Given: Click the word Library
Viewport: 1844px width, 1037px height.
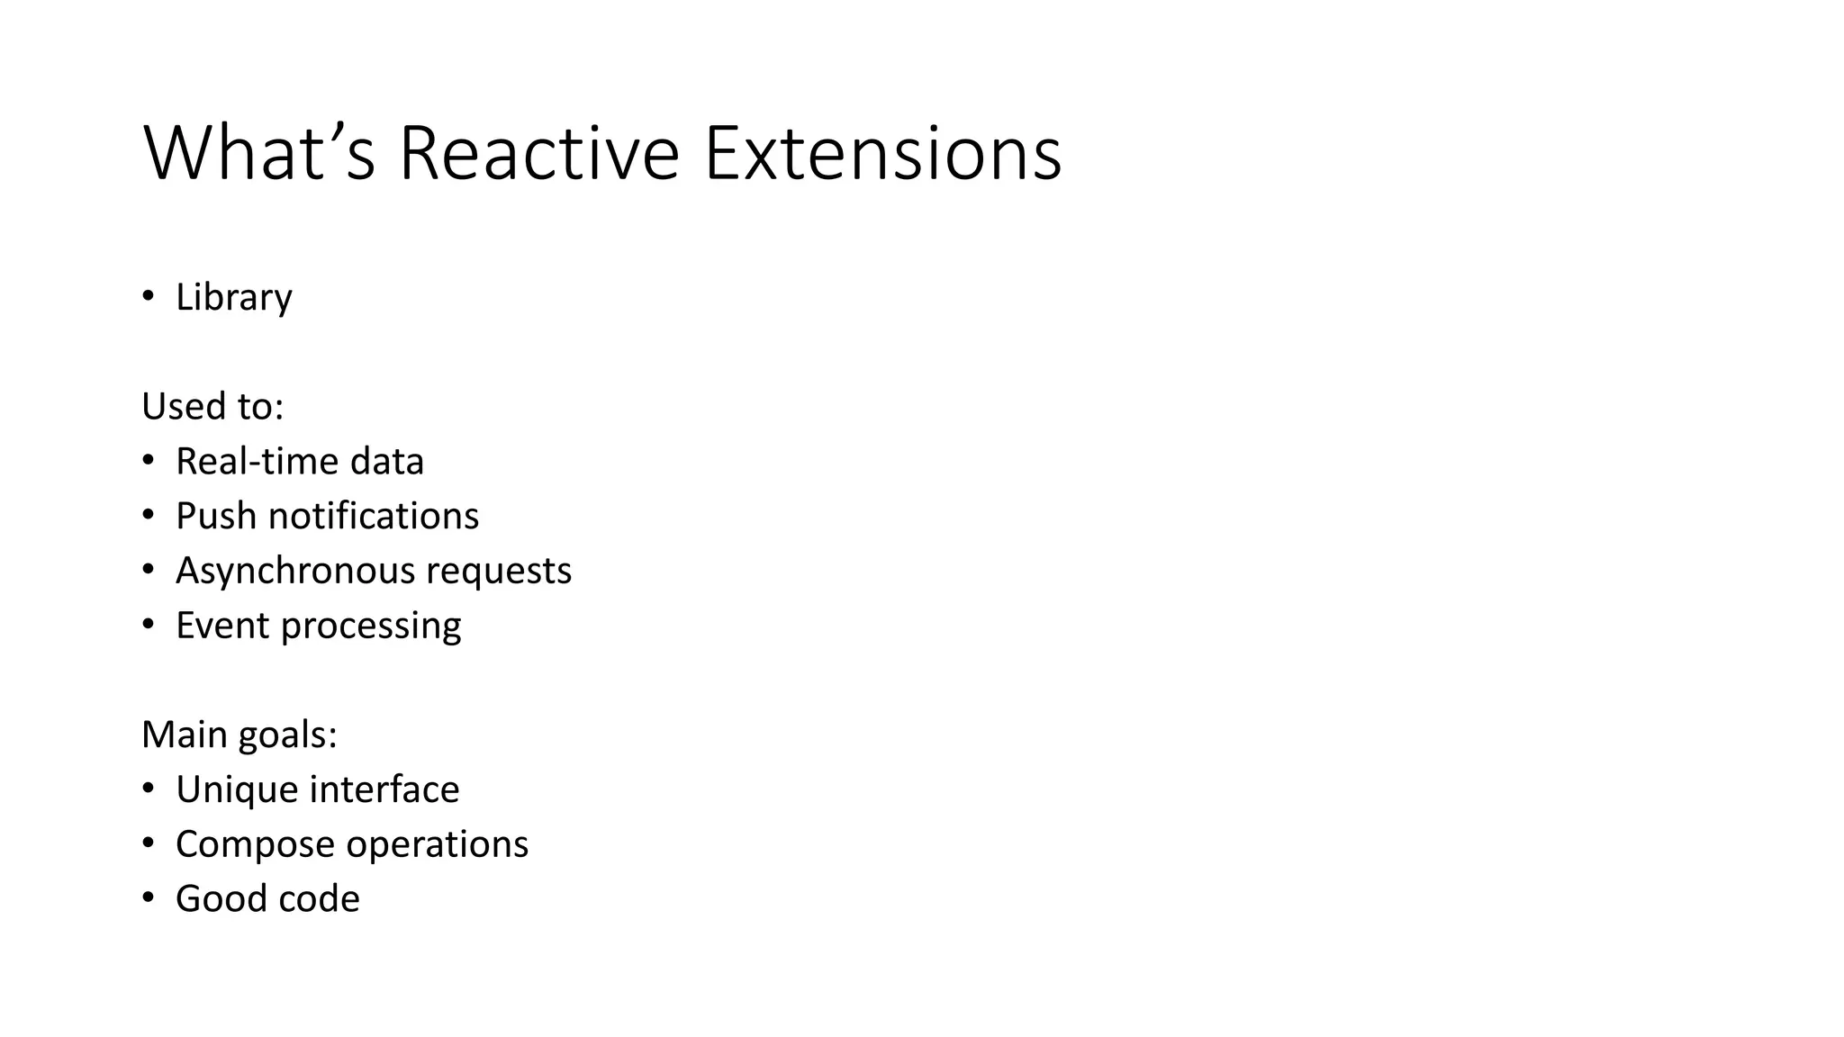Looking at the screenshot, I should click(234, 298).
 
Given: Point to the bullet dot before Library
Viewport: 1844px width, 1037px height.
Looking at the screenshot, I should click(149, 296).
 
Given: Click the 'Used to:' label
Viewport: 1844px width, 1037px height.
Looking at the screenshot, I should click(212, 407).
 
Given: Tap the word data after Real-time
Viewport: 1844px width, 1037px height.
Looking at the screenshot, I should click(387, 462).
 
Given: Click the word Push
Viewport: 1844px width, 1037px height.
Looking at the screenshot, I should click(216, 517).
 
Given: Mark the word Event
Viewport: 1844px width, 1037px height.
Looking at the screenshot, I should click(223, 626).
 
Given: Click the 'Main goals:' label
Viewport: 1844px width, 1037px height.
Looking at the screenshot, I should click(240, 735).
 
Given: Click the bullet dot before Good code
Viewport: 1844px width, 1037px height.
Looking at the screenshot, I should click(149, 897).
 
